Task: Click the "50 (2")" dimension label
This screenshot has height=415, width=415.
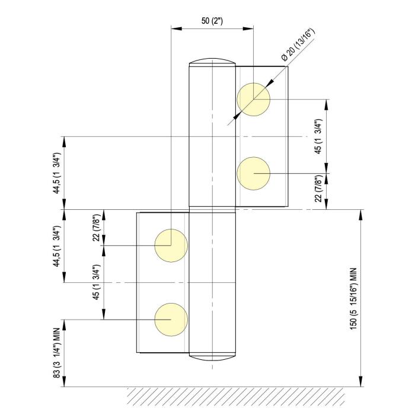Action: pyautogui.click(x=212, y=21)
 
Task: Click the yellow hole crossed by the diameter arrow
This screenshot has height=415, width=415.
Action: pyautogui.click(x=254, y=98)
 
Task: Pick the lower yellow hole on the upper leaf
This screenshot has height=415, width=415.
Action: pyautogui.click(x=254, y=173)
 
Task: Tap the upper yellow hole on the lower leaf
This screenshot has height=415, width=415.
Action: pyautogui.click(x=171, y=245)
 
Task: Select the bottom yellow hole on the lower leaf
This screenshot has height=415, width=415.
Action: pyautogui.click(x=171, y=319)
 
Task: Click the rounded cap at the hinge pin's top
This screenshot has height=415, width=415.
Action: pyautogui.click(x=212, y=62)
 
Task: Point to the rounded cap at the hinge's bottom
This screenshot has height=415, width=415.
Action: pyautogui.click(x=212, y=356)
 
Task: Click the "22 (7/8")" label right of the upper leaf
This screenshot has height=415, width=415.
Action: pyautogui.click(x=318, y=189)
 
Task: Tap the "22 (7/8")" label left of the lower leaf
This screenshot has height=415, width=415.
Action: pyautogui.click(x=97, y=228)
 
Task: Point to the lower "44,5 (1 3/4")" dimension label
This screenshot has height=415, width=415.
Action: pyautogui.click(x=57, y=245)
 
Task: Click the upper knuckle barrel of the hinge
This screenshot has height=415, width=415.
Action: pyautogui.click(x=212, y=136)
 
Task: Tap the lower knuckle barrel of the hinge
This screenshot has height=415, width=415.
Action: pyautogui.click(x=212, y=282)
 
